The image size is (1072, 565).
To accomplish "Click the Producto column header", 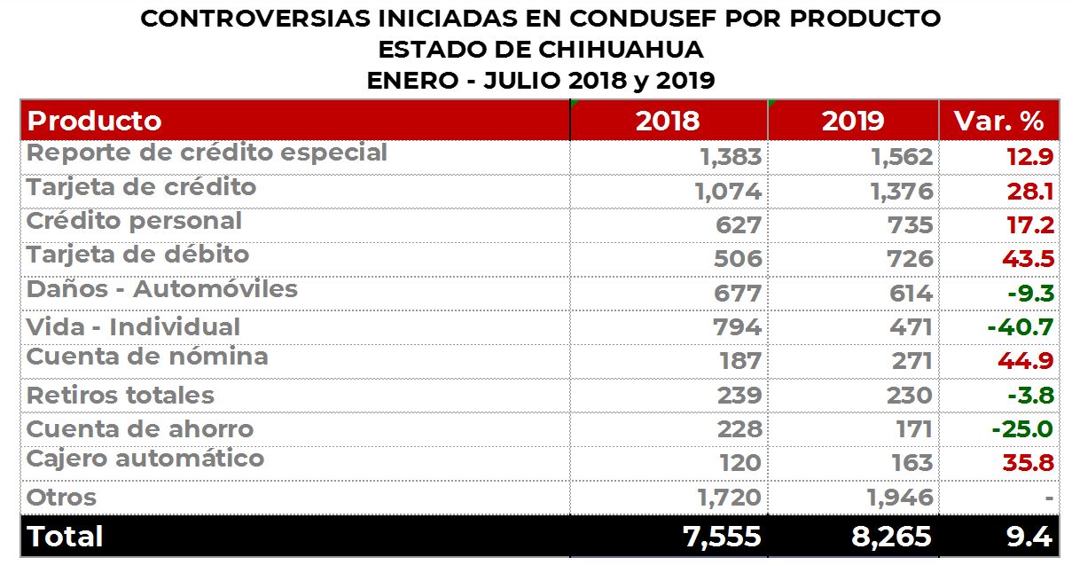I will [95, 121].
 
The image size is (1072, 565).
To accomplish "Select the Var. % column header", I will [998, 121].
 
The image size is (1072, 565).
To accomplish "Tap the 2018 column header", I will [667, 121].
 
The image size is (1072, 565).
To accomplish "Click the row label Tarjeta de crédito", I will [142, 188].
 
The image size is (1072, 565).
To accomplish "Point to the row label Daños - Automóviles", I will [162, 290].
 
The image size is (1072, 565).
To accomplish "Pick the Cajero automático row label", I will [145, 459].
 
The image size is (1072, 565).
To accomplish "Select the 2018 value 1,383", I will [730, 157].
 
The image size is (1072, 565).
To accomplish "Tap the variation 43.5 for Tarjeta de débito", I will [1029, 259].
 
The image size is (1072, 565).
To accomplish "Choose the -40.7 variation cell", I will [1020, 327].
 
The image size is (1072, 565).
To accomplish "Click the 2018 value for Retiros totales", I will [738, 396].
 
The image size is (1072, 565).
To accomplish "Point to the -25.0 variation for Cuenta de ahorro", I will [1022, 430].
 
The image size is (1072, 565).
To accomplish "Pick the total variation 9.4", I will [1029, 537].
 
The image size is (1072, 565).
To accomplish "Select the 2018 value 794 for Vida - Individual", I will [737, 327].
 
